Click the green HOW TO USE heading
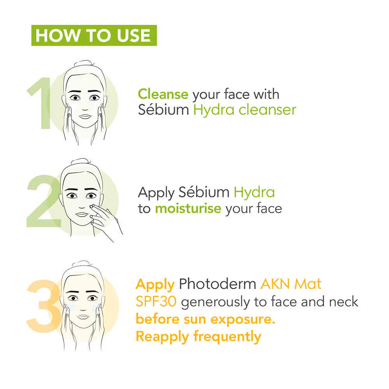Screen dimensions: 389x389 (x=94, y=35)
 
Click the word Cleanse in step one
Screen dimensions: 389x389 (x=163, y=94)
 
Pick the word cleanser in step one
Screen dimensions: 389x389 (x=268, y=110)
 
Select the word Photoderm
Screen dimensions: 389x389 (x=217, y=284)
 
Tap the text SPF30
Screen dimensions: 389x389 (x=156, y=301)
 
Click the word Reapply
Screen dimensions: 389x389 (x=163, y=337)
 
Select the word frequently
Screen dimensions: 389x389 (x=227, y=336)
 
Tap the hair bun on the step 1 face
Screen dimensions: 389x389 (x=84, y=63)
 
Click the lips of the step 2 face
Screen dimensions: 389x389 (x=82, y=214)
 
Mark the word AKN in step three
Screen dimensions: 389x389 (x=275, y=284)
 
